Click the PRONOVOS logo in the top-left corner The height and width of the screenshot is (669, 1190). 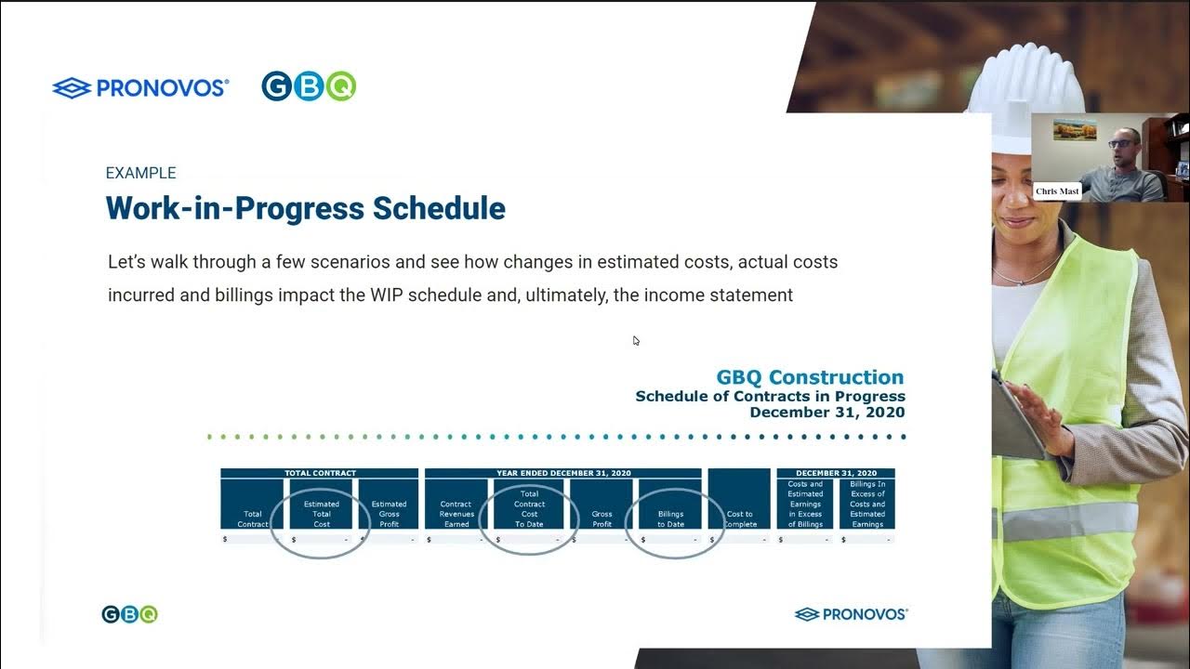140,88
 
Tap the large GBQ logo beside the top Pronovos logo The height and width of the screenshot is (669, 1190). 309,86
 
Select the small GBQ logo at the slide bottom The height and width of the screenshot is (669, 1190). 129,614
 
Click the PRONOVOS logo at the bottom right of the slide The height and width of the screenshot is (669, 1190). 851,614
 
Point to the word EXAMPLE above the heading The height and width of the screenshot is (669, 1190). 140,173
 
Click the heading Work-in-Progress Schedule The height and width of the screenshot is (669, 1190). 305,208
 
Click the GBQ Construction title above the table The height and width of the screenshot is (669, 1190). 810,377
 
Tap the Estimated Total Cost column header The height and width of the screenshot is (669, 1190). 322,514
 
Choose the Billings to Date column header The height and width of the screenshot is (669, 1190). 670,518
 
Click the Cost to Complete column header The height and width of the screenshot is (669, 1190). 739,518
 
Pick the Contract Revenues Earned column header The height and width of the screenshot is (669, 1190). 456,514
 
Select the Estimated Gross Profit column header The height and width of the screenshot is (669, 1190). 389,514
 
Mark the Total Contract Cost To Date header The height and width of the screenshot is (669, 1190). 529,509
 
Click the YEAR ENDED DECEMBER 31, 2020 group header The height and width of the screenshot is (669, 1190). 563,473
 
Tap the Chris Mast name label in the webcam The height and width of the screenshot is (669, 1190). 1057,191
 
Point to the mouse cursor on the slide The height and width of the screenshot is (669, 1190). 636,340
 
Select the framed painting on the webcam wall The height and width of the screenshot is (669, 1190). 1074,129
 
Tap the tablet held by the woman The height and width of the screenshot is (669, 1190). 1017,418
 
